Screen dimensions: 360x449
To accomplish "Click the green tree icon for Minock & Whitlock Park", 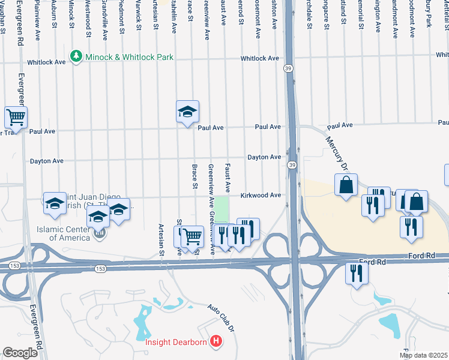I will coord(76,56).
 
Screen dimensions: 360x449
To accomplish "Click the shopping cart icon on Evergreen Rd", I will coord(16,116).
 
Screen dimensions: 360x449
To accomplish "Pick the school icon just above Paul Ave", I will coord(187,111).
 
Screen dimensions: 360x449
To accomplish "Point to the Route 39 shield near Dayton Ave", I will coord(292,165).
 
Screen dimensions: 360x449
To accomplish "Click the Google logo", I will coord(20,352).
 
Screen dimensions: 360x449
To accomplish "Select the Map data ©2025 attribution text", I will coord(423,355).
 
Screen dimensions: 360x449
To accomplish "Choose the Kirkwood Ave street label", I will coord(261,196).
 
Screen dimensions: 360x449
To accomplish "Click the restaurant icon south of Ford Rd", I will coord(357,274).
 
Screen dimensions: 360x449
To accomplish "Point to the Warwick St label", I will coord(138,13).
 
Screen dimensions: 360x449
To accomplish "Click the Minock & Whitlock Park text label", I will coord(129,57).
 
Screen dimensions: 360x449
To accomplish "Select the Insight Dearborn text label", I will coord(176,343).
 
